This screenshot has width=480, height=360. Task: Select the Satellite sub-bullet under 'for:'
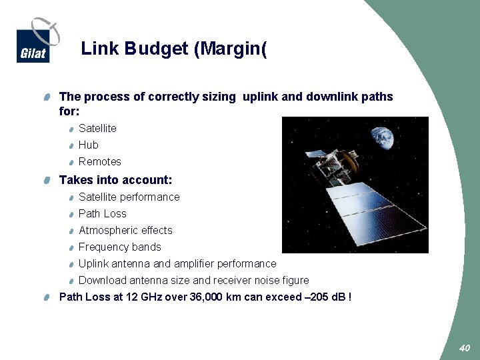pos(97,128)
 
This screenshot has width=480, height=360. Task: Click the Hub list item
pos(89,145)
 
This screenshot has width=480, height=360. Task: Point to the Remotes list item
pos(100,161)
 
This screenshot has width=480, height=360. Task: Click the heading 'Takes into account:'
pos(116,180)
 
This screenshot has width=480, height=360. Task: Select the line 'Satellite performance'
pos(129,197)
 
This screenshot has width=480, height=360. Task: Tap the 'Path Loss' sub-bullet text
pos(103,213)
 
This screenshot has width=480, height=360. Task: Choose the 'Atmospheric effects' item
pos(125,230)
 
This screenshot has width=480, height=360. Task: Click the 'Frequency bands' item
pos(120,247)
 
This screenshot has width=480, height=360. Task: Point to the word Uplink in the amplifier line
pos(94,263)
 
